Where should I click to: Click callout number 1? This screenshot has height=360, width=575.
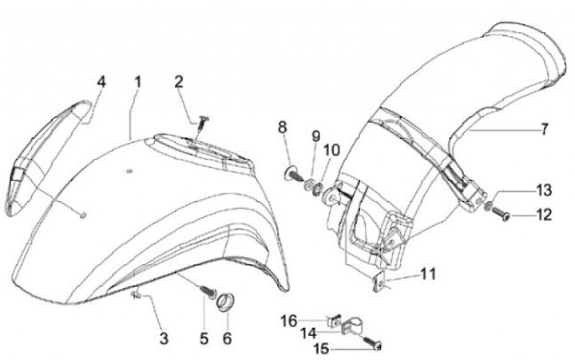click(x=137, y=81)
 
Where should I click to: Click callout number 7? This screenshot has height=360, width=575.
click(x=545, y=128)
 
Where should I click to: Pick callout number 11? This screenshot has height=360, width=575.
click(x=429, y=274)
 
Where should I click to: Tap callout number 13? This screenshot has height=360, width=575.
click(x=544, y=190)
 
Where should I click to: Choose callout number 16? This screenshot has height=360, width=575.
click(x=289, y=320)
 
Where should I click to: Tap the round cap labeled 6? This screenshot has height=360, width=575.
click(x=226, y=303)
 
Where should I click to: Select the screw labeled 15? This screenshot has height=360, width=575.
click(x=375, y=343)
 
